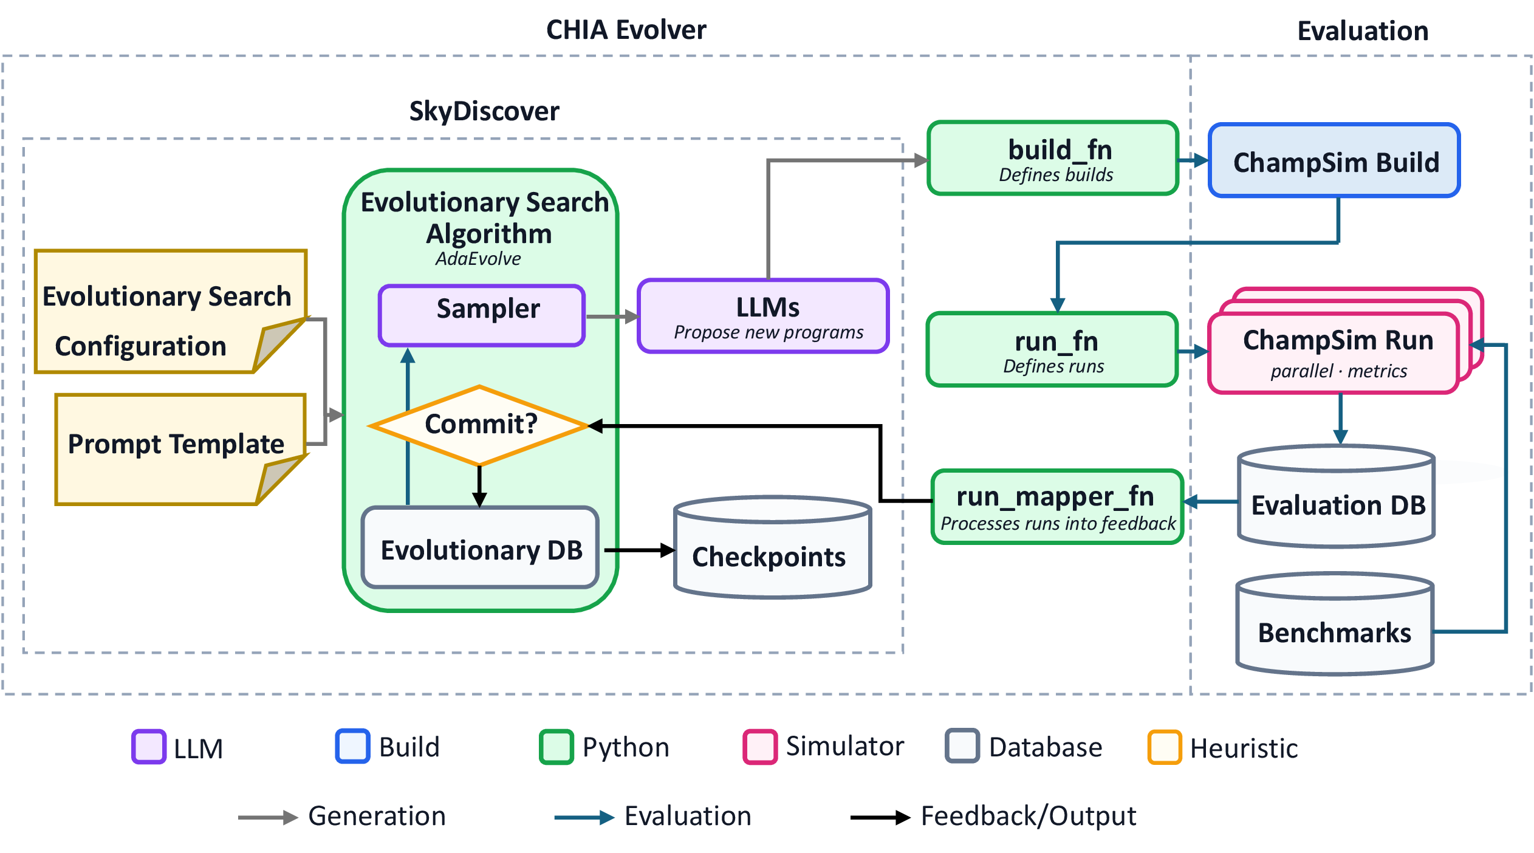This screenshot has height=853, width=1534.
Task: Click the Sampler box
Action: tap(482, 315)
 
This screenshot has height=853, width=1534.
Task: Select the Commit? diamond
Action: tap(479, 425)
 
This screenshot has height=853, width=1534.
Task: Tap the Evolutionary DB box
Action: tap(480, 547)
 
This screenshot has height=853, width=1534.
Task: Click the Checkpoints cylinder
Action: tap(773, 547)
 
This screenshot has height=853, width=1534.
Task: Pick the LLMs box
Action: tap(763, 316)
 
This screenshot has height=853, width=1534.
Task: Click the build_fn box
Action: tap(1053, 158)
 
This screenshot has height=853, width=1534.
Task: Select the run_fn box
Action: tap(1052, 349)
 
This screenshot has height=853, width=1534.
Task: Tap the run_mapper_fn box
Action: tap(1058, 507)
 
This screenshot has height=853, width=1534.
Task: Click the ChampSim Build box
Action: tap(1335, 160)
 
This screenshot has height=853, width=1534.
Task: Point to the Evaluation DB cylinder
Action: tap(1337, 496)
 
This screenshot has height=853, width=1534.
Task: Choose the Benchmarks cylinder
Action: tap(1335, 623)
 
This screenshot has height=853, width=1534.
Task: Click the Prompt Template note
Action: tap(181, 449)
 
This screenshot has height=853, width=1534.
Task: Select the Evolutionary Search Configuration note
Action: tap(171, 311)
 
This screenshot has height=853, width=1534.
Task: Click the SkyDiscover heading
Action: tap(484, 111)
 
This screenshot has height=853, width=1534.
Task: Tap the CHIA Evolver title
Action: tap(626, 30)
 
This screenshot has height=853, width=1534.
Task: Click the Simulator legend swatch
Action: tap(760, 747)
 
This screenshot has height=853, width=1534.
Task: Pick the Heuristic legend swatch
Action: tap(1165, 747)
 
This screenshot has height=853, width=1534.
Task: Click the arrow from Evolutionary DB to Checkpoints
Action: tap(640, 550)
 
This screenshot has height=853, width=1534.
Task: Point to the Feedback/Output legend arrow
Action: tap(880, 818)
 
